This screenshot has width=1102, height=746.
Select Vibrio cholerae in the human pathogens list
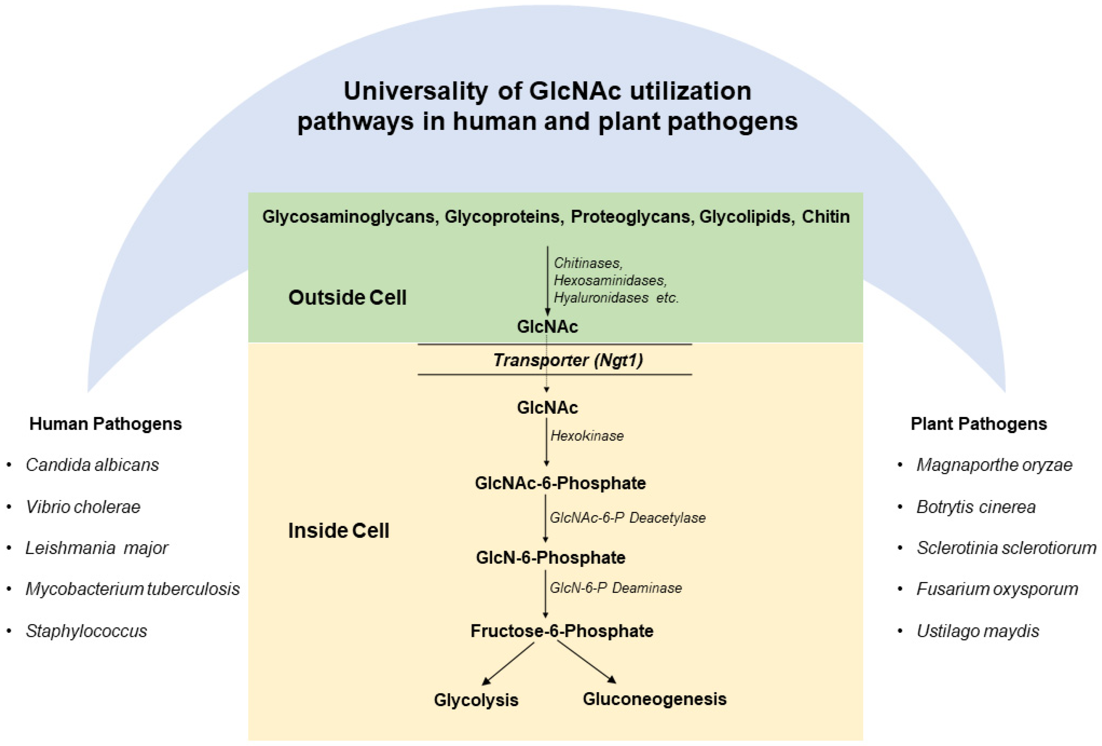(x=83, y=507)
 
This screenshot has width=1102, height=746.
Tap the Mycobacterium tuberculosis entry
(x=132, y=589)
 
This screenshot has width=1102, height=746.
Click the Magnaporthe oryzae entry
(x=994, y=465)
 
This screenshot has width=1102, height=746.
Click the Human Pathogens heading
(x=105, y=424)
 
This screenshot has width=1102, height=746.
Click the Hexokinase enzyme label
(x=586, y=436)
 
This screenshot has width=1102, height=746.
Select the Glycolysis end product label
(x=476, y=700)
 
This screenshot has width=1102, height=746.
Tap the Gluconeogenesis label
(x=654, y=699)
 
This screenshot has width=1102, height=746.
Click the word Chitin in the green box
(x=826, y=217)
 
